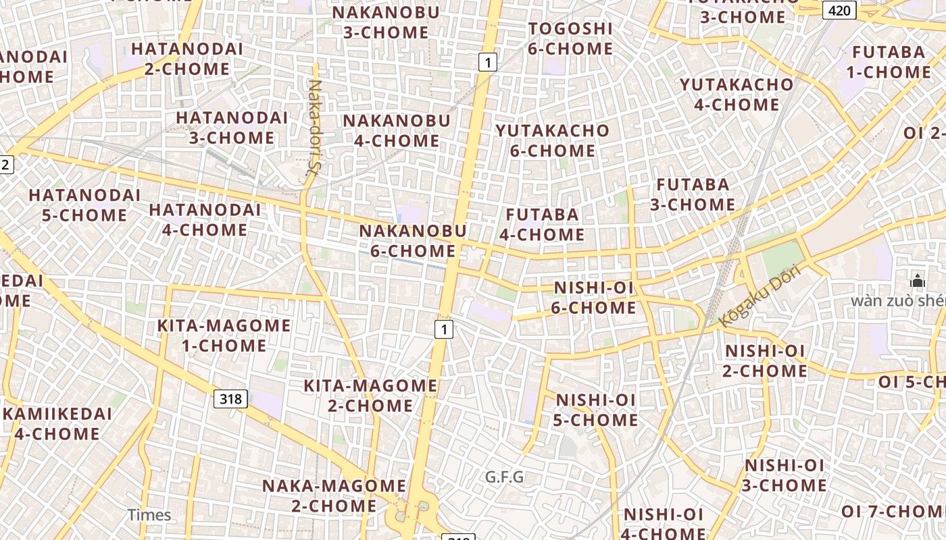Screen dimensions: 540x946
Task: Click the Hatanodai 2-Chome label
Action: point(186,59)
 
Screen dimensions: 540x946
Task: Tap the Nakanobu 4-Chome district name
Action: point(396,131)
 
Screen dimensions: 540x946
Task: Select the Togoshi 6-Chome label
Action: point(570,38)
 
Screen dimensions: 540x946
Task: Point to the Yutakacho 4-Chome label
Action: point(737,94)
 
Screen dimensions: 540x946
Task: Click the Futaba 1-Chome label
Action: point(889,62)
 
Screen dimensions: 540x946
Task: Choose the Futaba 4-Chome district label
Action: point(542,225)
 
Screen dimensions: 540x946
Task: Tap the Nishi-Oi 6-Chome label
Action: point(594,298)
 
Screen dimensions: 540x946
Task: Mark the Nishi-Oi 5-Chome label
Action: point(596,410)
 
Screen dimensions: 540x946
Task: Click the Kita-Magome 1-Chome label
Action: point(224,335)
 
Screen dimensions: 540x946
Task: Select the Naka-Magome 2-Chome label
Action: point(334,495)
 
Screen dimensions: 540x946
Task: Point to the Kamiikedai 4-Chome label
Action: point(57,424)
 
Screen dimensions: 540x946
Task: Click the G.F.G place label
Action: point(504,477)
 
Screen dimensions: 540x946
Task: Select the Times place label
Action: point(149,515)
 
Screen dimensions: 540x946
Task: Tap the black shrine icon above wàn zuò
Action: point(917,281)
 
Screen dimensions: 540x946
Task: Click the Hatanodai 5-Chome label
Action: point(84,205)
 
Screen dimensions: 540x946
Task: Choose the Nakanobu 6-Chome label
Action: point(412,241)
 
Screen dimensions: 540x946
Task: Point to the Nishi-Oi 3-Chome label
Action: point(785,475)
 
